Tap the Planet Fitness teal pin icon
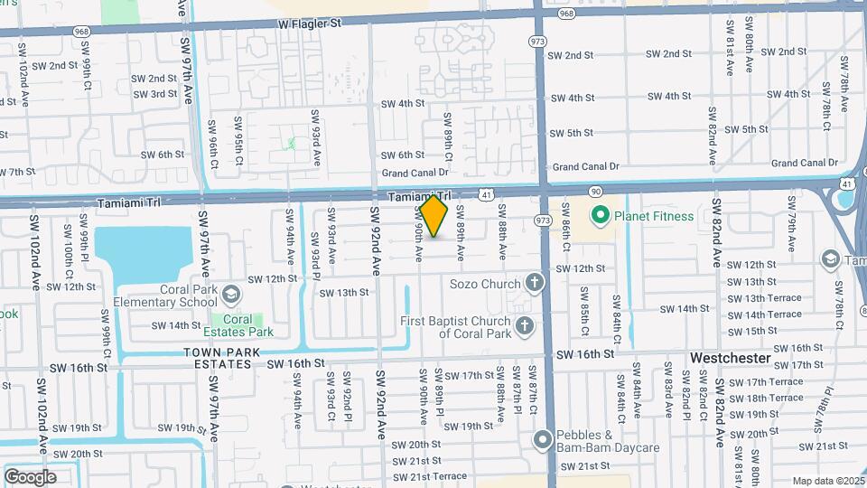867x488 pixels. pos(598,216)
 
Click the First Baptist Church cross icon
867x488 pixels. pos(523,325)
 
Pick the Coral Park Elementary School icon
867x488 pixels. pos(231,294)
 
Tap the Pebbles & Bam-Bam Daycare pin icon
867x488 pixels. pos(543,440)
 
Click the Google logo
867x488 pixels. pos(30,476)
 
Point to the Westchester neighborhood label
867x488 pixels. pos(731,358)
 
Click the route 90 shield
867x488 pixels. pos(595,192)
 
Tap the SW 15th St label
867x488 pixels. pos(745,331)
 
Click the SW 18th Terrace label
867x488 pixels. pos(765,398)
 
